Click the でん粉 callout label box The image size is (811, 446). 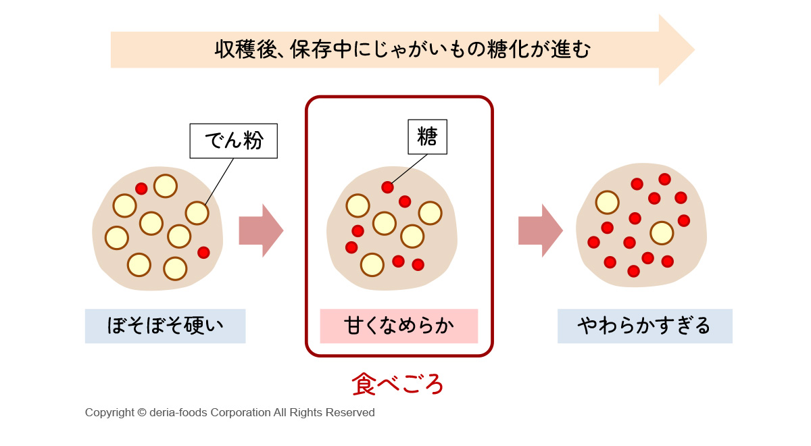(233, 141)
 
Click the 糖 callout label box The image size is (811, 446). (427, 137)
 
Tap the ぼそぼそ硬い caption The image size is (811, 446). (165, 326)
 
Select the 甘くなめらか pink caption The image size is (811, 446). (399, 326)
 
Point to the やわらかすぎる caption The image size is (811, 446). (645, 326)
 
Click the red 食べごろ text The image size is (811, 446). (398, 384)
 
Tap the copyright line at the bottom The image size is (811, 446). (230, 412)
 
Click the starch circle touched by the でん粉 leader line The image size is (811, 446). (197, 213)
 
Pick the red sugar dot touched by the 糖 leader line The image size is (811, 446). (387, 187)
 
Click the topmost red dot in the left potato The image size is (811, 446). (141, 189)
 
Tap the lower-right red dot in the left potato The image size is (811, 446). (203, 252)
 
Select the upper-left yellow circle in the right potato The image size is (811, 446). (607, 202)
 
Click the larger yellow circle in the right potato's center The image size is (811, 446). (662, 233)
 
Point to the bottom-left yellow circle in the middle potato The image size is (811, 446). (372, 264)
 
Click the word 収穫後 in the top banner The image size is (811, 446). (242, 49)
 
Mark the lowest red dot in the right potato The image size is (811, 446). (633, 271)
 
